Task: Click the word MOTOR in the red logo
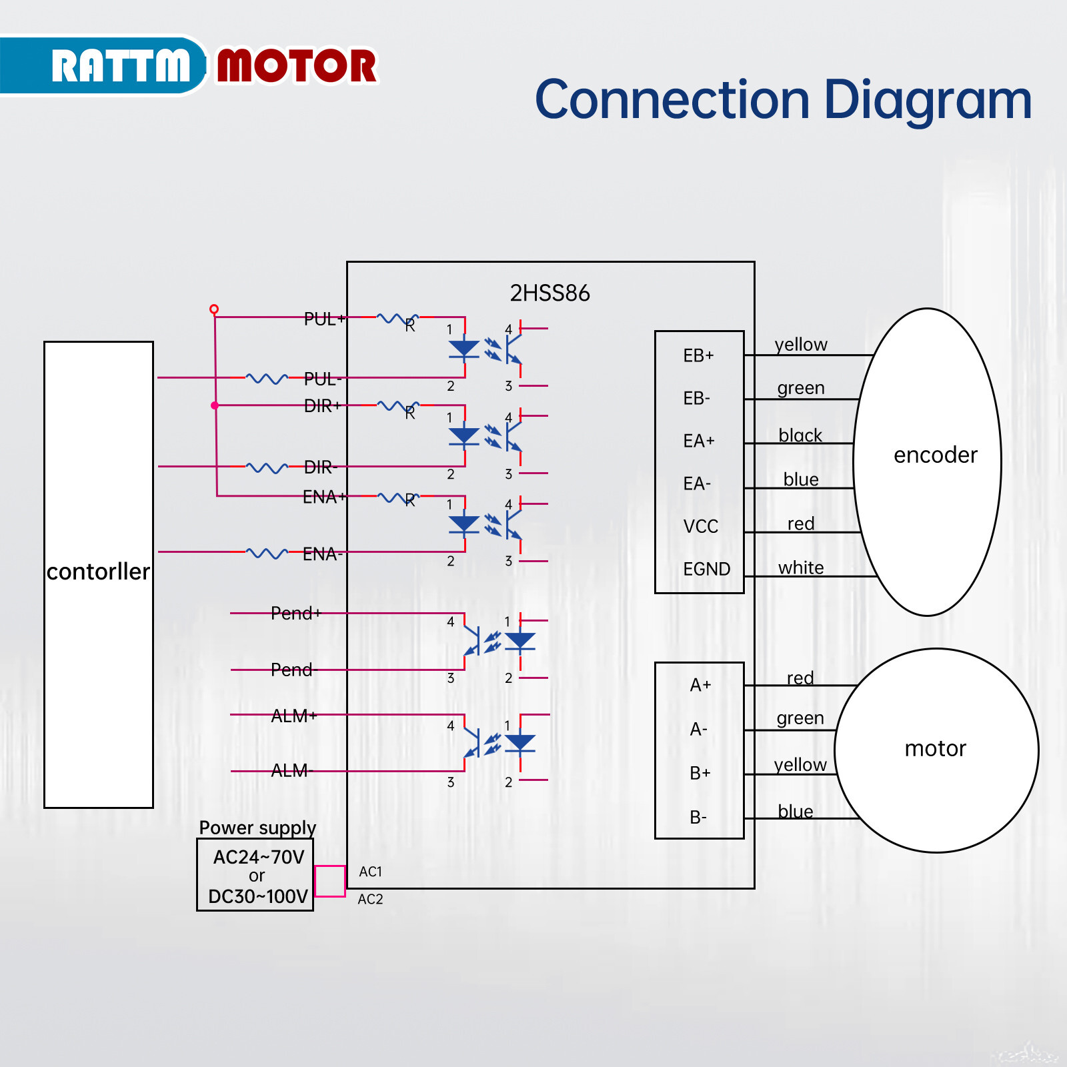pos(297,66)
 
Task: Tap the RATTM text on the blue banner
pos(121,66)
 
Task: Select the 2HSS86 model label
pos(550,293)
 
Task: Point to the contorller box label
pos(98,572)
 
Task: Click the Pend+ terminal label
pos(295,614)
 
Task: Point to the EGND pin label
pos(706,570)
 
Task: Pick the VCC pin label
pos(700,527)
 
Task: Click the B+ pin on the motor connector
pos(700,774)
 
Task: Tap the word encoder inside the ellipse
pos(935,455)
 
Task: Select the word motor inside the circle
pos(935,749)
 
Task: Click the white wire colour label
pos(801,568)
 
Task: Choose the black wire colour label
pos(800,436)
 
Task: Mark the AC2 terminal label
pos(370,900)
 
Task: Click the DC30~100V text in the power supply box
pos(257,897)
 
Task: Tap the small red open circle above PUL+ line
pos(214,309)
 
